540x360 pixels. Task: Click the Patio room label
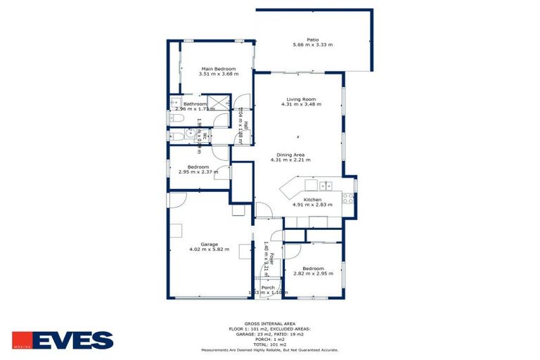tap(313, 39)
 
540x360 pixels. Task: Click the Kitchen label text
tap(312, 200)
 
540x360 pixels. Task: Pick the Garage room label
tap(199, 244)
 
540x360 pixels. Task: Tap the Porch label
tap(268, 287)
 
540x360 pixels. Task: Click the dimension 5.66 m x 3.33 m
tap(313, 45)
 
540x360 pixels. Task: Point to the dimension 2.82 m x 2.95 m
tap(313, 274)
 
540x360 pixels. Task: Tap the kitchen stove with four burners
tap(347, 198)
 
